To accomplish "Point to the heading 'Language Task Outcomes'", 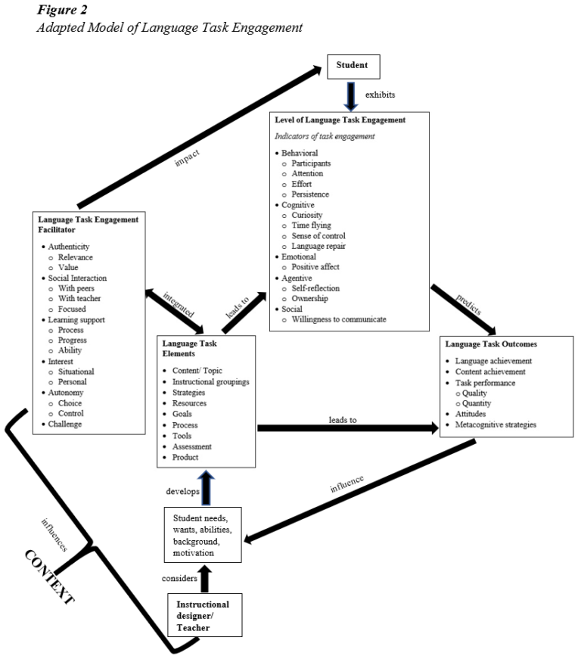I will tap(489, 344).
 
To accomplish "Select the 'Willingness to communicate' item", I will tap(339, 319).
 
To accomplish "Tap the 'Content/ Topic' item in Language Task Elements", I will tap(202, 369).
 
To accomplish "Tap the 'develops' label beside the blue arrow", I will tap(183, 491).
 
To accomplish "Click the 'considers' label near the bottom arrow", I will tap(179, 578).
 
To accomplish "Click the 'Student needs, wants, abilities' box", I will tap(204, 535).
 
